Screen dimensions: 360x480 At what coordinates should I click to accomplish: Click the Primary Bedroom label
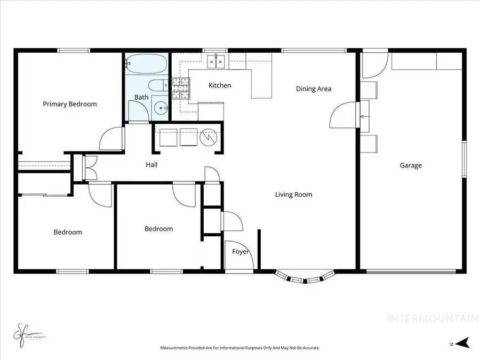coord(70,104)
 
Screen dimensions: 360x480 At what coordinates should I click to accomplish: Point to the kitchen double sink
coord(217,62)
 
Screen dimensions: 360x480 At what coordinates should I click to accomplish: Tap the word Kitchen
coord(220,85)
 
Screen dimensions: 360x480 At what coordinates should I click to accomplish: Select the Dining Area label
coord(314,89)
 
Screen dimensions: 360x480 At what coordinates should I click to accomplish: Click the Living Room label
coord(293,195)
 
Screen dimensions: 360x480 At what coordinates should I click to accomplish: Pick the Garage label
coord(411,165)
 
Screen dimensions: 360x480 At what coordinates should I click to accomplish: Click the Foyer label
coord(241,252)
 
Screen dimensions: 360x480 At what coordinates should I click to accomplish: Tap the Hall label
coord(151,165)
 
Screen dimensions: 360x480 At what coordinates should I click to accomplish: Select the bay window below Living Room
coord(305,277)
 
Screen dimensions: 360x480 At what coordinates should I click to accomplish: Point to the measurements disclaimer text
coord(240,348)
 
